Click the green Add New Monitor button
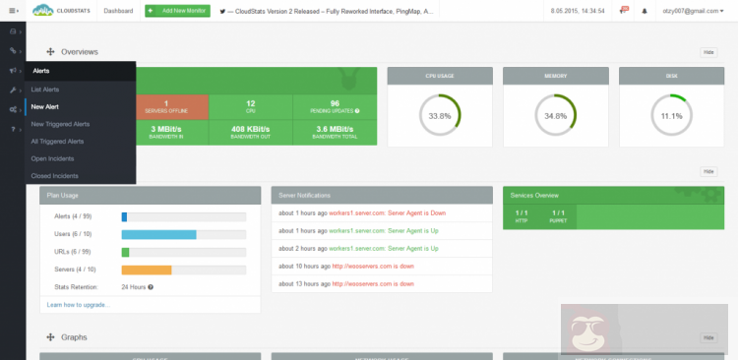point(176,11)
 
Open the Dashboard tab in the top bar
point(119,11)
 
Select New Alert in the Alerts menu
point(45,106)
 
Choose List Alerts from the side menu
point(46,89)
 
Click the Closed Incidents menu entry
point(54,175)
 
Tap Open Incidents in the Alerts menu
point(53,158)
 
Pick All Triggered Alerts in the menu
point(57,141)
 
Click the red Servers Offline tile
point(166,107)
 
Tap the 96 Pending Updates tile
point(335,107)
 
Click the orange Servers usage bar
point(147,269)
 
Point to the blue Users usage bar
point(159,234)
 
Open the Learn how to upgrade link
point(79,305)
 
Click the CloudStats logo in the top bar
point(61,11)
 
